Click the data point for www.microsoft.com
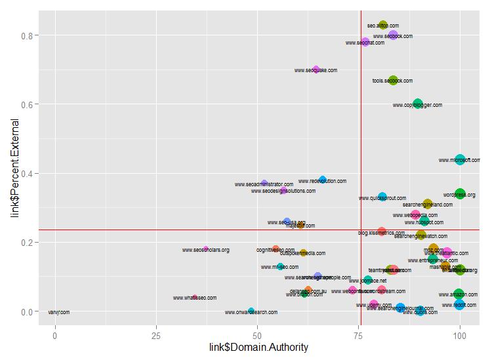point(460,159)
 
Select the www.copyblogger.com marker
point(418,104)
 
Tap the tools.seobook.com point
point(393,81)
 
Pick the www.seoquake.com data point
point(316,70)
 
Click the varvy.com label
point(58,312)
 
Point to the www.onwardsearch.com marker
point(251,311)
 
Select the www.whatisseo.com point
point(195,297)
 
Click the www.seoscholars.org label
point(205,250)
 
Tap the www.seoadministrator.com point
point(264,184)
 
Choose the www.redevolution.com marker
point(323,180)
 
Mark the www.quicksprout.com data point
point(382,197)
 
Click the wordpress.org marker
point(460,194)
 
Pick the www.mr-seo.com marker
point(281,267)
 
